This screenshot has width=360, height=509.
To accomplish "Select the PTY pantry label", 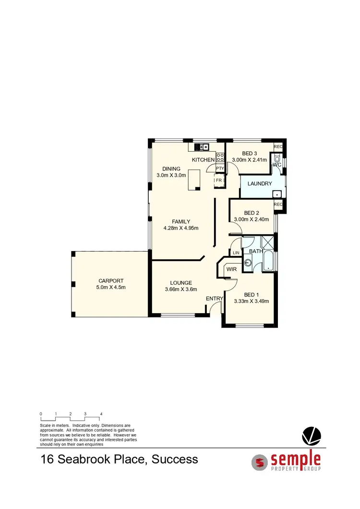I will (220, 168).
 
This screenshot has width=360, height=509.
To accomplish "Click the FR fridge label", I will (219, 180).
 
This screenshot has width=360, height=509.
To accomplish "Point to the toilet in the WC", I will (277, 159).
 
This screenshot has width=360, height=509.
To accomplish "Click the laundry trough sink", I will (276, 194).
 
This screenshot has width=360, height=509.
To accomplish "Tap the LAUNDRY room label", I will (259, 183).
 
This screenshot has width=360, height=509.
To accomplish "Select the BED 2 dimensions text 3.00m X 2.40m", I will (252, 219).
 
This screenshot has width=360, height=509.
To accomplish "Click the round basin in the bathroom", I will (248, 262).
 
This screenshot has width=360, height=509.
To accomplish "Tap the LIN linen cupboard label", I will (236, 253).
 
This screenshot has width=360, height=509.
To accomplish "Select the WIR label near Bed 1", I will (231, 270).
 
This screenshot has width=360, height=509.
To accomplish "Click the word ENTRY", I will (215, 299).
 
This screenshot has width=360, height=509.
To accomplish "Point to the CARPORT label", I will (111, 281).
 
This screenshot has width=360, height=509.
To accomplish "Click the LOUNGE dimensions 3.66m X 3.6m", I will (181, 290).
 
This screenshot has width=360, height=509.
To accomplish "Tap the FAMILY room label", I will (181, 221).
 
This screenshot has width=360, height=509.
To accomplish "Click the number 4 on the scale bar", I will (101, 413).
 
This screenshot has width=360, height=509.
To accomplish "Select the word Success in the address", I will (175, 459).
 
